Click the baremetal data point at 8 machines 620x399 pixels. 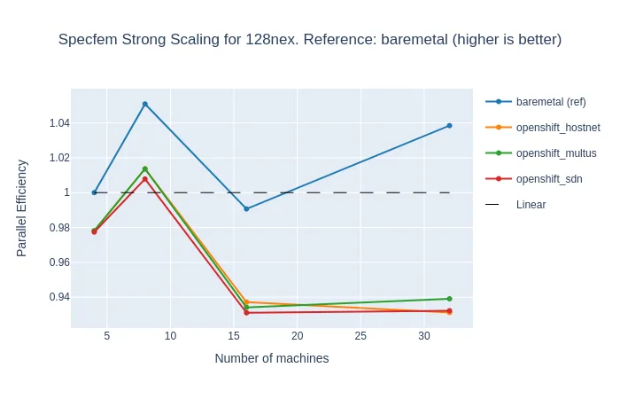(x=145, y=104)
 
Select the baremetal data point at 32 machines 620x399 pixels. (x=449, y=126)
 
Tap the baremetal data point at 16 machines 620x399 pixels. (x=246, y=208)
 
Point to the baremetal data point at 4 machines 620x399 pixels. (x=95, y=192)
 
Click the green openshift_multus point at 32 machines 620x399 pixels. (x=449, y=299)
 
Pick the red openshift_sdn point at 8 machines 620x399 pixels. (x=145, y=179)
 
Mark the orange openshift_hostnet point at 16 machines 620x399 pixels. (x=246, y=302)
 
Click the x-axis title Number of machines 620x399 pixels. (x=272, y=359)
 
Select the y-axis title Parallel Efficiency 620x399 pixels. (x=23, y=208)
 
